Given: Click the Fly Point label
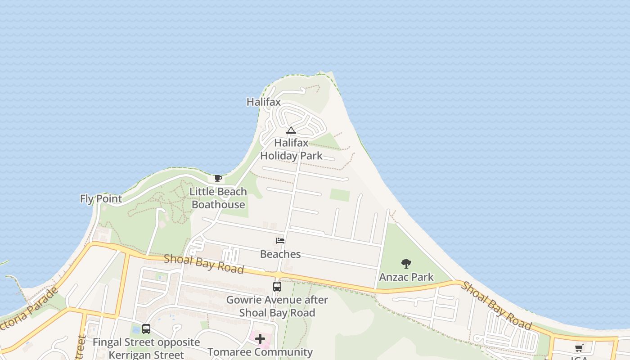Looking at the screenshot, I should click(x=101, y=198).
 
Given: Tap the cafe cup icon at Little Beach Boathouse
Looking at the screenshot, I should click(x=218, y=179).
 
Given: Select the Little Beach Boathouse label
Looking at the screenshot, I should click(x=218, y=198).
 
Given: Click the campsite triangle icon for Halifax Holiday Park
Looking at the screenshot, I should click(x=291, y=130).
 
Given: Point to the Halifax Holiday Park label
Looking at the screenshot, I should click(x=292, y=149).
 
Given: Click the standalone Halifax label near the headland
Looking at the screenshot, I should click(x=263, y=102).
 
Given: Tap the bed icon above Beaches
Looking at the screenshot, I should click(x=280, y=241).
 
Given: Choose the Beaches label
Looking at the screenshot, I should click(x=280, y=254).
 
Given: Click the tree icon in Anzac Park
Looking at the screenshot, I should click(x=406, y=264).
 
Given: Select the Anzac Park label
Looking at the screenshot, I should click(x=406, y=277).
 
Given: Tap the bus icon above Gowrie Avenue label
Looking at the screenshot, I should click(x=277, y=286).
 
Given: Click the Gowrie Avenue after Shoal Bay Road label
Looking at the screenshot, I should click(x=277, y=306).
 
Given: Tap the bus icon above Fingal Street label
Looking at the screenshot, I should click(x=146, y=329).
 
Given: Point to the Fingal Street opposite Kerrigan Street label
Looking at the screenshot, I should click(x=146, y=348).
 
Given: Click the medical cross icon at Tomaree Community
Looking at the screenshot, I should click(x=260, y=339).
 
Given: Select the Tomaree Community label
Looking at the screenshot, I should click(x=260, y=352).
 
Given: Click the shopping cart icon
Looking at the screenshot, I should click(x=579, y=348).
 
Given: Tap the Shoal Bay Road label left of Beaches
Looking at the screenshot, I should click(x=204, y=264).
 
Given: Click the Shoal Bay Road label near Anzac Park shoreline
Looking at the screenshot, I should click(x=497, y=306).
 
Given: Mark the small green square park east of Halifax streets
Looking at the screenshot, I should click(x=340, y=195).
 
